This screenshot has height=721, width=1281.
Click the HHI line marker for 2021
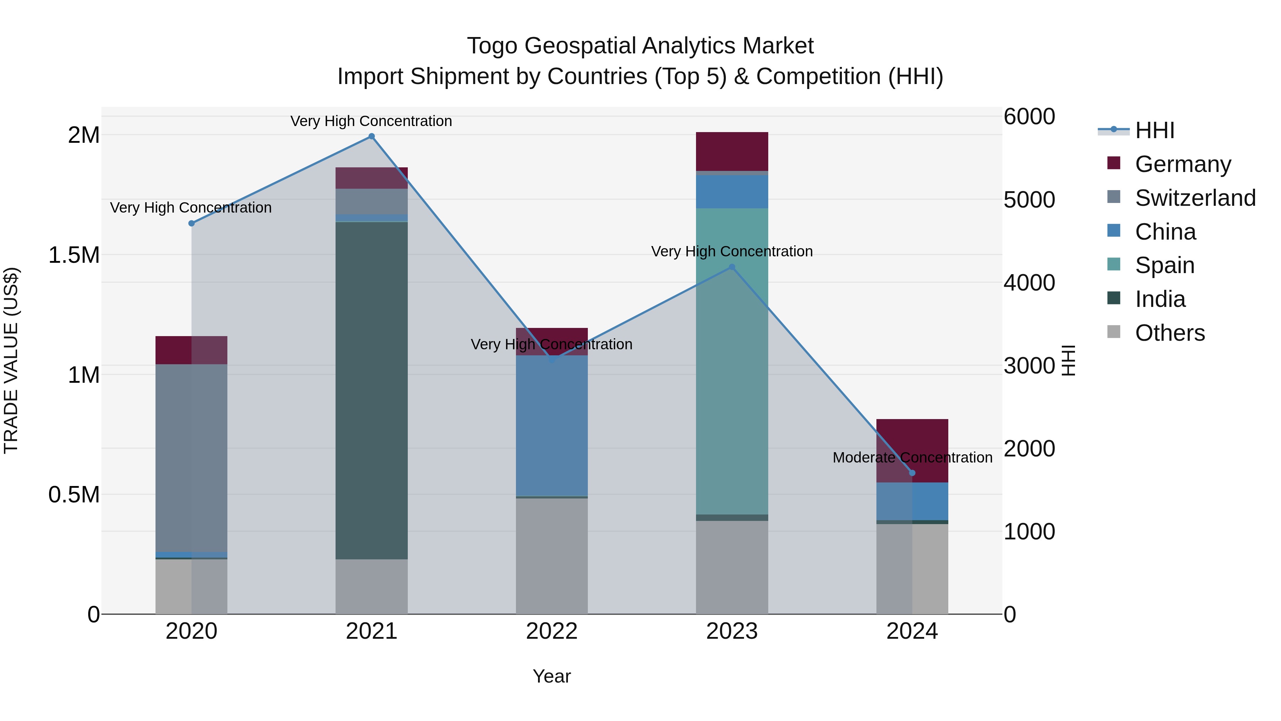point(371,136)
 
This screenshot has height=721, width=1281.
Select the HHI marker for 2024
point(912,473)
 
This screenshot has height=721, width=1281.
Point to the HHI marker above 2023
point(732,267)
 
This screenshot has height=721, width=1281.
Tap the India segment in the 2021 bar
point(371,391)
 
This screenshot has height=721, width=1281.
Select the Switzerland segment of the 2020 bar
point(191,458)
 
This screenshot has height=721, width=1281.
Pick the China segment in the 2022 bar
point(552,425)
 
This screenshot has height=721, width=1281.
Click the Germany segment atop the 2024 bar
point(912,450)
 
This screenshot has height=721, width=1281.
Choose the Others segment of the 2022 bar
point(552,556)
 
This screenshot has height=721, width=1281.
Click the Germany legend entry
point(1182,164)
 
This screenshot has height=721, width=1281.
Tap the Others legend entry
point(1170,333)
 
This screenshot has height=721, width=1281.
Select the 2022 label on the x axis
point(552,631)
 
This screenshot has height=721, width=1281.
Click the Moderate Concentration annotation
point(912,457)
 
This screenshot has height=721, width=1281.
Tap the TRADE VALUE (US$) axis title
point(11,360)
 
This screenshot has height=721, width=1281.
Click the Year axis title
point(552,676)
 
